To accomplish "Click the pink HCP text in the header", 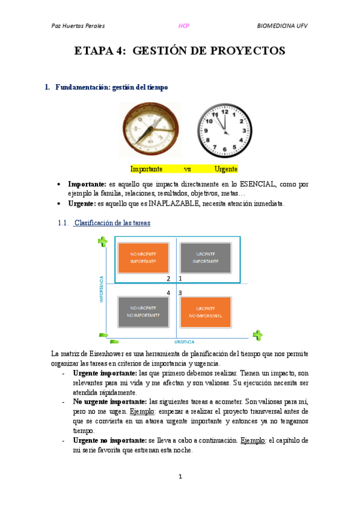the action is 185,26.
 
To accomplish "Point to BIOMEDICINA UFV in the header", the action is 282,26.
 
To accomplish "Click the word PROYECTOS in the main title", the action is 247,51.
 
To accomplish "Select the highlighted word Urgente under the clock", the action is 226,169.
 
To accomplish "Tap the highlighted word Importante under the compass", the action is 147,169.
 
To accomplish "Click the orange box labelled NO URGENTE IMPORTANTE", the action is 144,257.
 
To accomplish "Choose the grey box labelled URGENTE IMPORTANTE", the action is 206,257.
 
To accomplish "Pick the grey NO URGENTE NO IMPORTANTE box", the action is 144,312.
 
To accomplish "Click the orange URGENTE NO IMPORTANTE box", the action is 206,312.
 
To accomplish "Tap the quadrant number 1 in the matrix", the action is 180,278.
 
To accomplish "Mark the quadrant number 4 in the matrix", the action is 169,292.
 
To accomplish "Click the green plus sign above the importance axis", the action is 103,242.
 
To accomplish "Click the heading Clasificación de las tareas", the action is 112,223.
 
